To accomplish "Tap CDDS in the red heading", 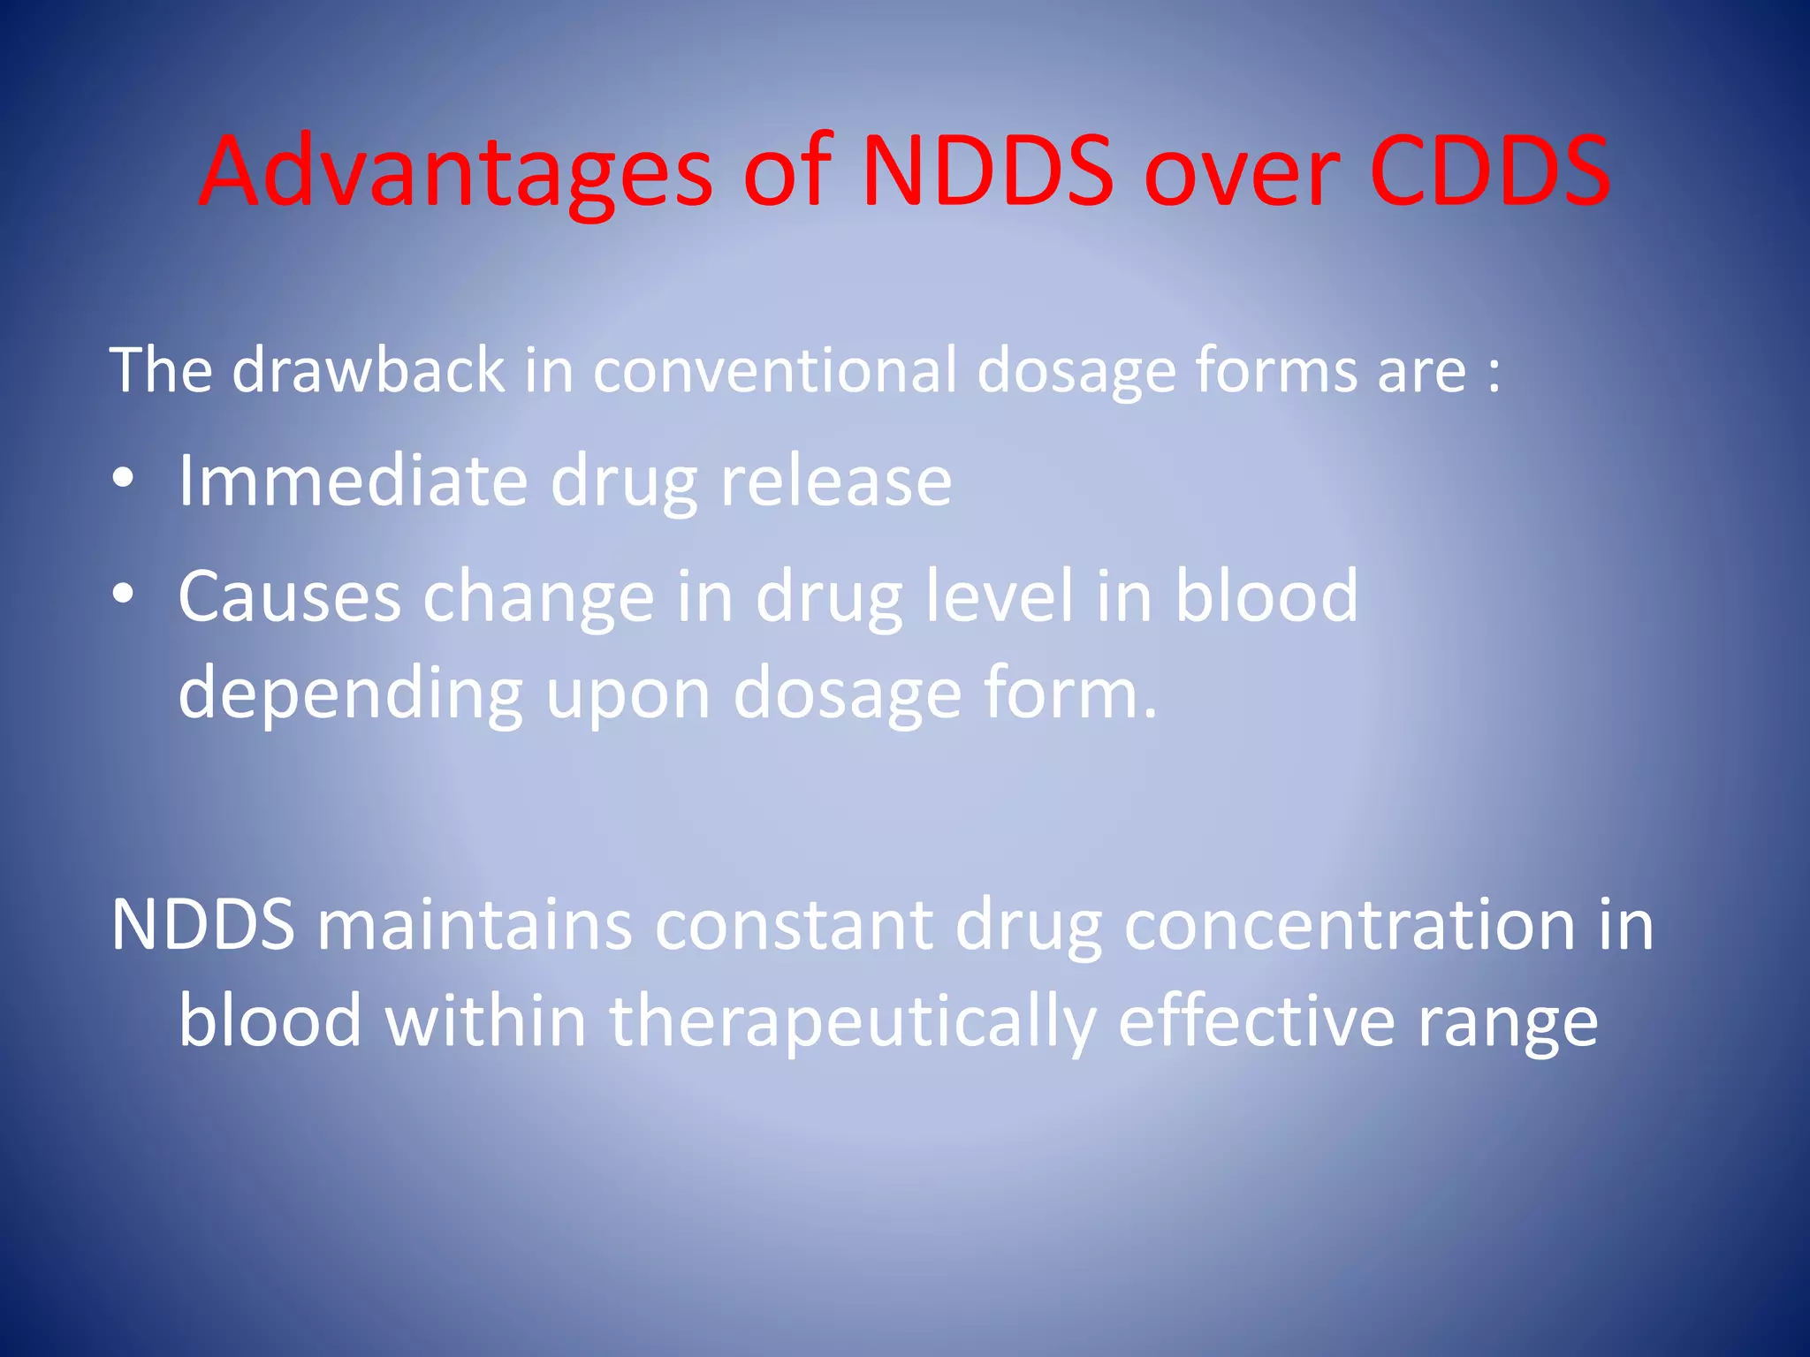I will click(1489, 172).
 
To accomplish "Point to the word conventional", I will click(774, 369).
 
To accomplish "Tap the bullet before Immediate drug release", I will click(123, 480).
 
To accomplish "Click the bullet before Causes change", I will click(123, 595).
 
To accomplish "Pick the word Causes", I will click(289, 597).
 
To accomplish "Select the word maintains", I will click(475, 926).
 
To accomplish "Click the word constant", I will click(793, 926).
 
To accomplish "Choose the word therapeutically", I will click(852, 1023).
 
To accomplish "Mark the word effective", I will click(1256, 1021).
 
